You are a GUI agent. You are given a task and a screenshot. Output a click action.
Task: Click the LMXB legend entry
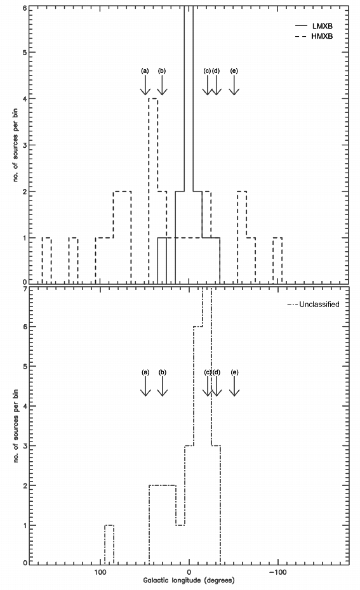tap(314, 26)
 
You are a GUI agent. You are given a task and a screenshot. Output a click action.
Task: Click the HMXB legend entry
tap(314, 37)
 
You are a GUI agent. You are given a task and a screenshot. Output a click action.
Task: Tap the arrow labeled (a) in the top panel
tap(145, 84)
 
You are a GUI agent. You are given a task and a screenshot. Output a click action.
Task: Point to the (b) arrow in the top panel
tap(162, 84)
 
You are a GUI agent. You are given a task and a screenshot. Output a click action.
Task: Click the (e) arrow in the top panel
tap(234, 84)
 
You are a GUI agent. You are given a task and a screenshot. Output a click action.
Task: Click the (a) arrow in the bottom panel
tap(145, 386)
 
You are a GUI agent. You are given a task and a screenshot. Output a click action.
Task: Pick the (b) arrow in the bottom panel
tap(163, 386)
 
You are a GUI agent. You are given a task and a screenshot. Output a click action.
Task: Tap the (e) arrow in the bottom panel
tap(234, 386)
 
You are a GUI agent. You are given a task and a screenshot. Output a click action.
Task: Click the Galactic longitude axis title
tap(189, 580)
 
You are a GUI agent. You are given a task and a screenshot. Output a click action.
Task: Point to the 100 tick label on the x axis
tap(100, 572)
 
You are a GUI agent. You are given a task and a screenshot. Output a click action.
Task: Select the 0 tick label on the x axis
tap(189, 572)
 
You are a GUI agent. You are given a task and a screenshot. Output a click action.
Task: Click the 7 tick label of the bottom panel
tap(25, 290)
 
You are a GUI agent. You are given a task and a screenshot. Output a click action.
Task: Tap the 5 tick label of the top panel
tap(25, 52)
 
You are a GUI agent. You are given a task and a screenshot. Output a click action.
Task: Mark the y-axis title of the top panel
tap(15, 145)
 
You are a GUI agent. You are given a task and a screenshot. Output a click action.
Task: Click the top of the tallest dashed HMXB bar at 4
tap(153, 98)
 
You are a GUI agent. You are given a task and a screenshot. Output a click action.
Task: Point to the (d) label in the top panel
tap(216, 71)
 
